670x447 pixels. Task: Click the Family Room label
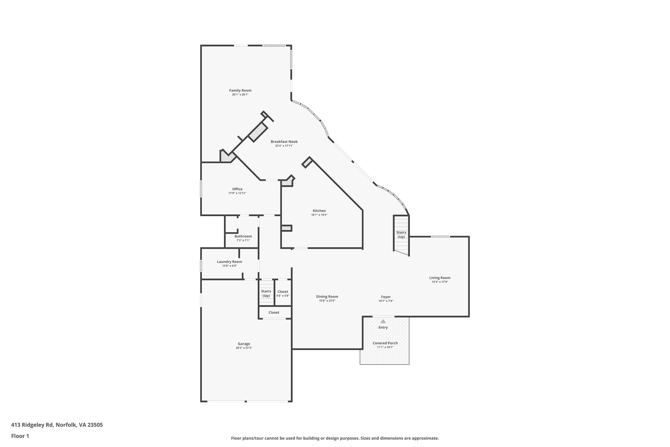coord(240,90)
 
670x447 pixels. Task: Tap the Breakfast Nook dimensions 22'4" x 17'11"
coord(284,146)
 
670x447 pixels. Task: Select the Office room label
coord(237,189)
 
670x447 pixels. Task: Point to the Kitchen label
coord(319,211)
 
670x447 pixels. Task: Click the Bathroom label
coord(243,236)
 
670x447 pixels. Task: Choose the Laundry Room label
coord(229,261)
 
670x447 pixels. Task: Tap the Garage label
coord(244,344)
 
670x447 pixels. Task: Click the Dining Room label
coord(327,296)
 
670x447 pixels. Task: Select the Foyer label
coord(386,297)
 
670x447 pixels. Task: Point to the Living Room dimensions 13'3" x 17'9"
coord(440,282)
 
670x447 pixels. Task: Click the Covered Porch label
coord(385,343)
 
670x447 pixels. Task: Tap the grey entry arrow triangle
coord(383,322)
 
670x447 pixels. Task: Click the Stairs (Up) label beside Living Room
coord(401,234)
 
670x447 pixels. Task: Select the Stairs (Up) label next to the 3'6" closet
coord(266,293)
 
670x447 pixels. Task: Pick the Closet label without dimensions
coord(274,312)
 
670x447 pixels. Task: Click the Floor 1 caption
coord(20,436)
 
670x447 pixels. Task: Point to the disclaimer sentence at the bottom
coord(335,438)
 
